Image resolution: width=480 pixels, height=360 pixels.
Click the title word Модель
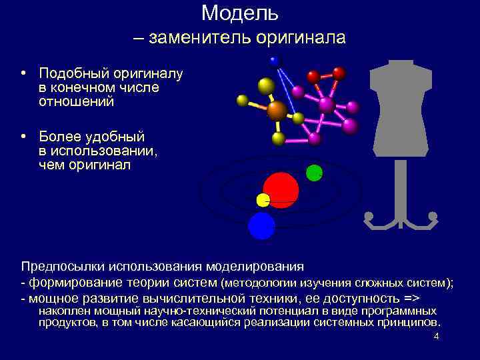click(x=239, y=13)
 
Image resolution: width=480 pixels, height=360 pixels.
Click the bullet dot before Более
click(x=23, y=137)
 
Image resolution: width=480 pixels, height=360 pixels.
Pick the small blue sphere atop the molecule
click(x=273, y=60)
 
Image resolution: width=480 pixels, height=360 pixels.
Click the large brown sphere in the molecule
click(x=277, y=110)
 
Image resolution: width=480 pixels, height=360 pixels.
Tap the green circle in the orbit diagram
click(x=314, y=173)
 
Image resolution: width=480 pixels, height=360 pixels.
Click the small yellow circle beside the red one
click(x=263, y=200)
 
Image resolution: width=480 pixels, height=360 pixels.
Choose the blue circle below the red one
click(x=261, y=226)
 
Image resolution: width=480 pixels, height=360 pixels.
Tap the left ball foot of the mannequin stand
click(x=368, y=216)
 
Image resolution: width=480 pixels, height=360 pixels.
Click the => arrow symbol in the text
click(x=413, y=298)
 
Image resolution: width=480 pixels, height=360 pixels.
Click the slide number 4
click(x=436, y=336)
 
